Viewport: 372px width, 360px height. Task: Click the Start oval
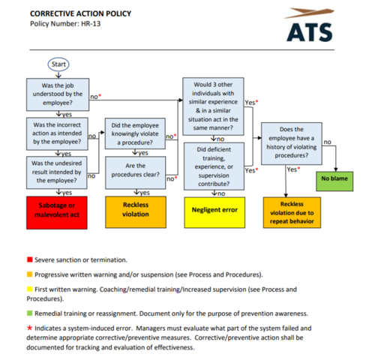[58, 64]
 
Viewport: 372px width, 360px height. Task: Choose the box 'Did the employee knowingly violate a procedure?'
[135, 135]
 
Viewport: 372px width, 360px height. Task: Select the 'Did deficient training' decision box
[211, 166]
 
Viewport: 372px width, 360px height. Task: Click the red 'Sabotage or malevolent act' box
[57, 210]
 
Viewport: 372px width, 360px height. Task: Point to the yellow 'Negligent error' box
[211, 210]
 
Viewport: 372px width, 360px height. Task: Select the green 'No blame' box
[335, 179]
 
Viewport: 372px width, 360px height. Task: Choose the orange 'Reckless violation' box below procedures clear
[135, 210]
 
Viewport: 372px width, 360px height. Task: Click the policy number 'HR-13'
[88, 24]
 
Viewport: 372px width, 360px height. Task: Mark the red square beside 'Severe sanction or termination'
[29, 259]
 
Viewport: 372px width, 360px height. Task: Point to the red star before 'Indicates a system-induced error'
[29, 328]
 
